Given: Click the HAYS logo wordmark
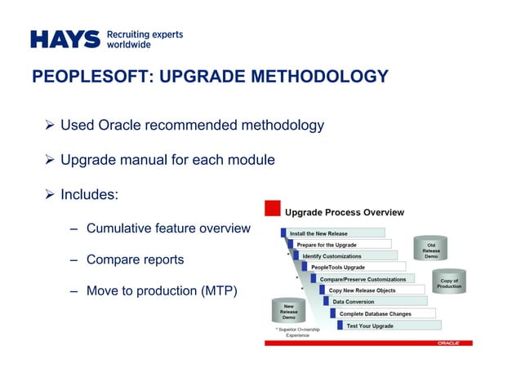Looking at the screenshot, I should point(65,39).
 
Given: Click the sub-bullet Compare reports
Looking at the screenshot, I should point(135,259).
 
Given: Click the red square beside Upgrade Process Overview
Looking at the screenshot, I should point(272,207).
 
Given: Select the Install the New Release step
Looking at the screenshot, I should point(318,233).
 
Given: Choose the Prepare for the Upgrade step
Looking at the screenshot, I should point(327,245).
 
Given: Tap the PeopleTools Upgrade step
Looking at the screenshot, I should point(338,268).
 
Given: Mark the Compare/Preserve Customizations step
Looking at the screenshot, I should point(363,279).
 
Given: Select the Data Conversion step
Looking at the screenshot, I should point(354,302).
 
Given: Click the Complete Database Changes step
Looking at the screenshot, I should point(376,313).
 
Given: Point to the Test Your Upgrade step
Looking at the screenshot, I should point(370,326).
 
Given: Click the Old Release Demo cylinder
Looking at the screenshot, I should point(431,250).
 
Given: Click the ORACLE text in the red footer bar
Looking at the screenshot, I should point(448,343).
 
